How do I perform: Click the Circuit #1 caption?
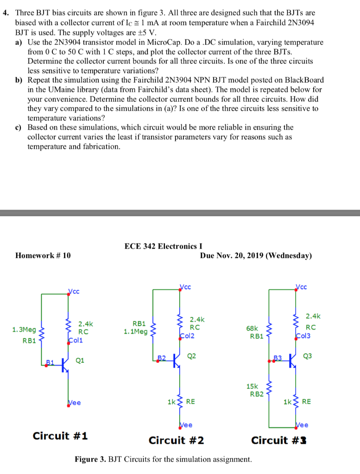click(61, 436)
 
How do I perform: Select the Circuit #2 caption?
click(176, 440)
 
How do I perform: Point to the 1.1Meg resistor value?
click(135, 331)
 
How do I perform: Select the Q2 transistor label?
click(192, 356)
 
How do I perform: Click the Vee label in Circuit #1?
click(74, 403)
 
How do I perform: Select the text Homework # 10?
click(43, 256)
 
